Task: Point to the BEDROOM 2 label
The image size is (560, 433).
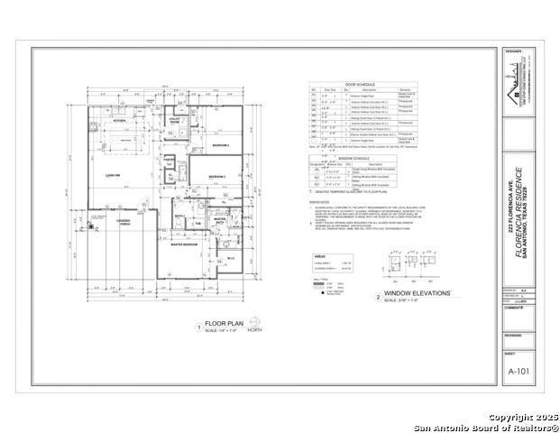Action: click(x=217, y=177)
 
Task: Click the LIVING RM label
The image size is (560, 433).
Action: click(x=114, y=176)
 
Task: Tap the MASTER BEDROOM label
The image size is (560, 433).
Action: click(x=185, y=244)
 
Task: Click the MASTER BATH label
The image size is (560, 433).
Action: click(x=219, y=219)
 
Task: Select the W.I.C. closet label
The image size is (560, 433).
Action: click(x=229, y=259)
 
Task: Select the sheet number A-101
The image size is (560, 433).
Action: click(x=517, y=371)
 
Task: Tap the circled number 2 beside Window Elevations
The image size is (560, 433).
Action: click(x=377, y=297)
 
